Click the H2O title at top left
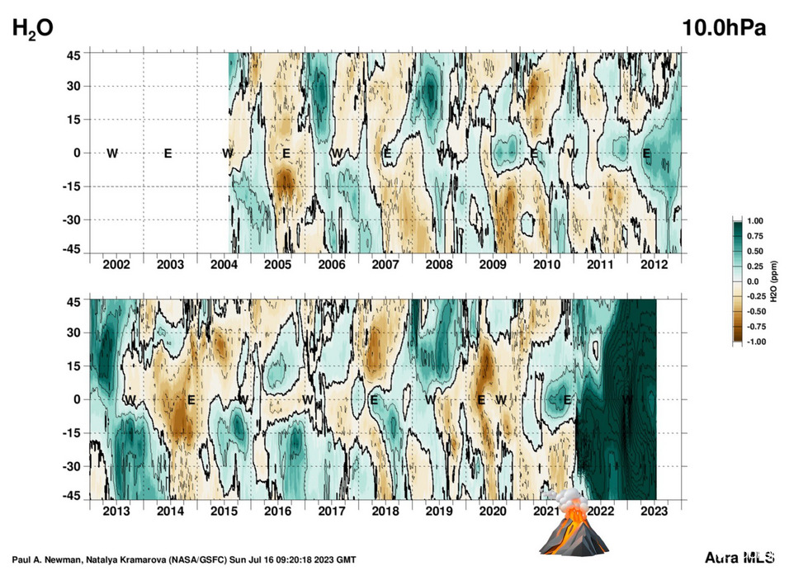(32, 28)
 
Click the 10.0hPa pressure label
(724, 26)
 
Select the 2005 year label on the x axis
(277, 264)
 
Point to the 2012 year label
(654, 264)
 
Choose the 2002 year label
(116, 264)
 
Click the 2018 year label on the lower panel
(385, 512)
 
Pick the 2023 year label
(654, 512)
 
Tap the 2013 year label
(116, 512)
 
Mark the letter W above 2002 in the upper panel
(112, 153)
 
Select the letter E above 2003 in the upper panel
(168, 153)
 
